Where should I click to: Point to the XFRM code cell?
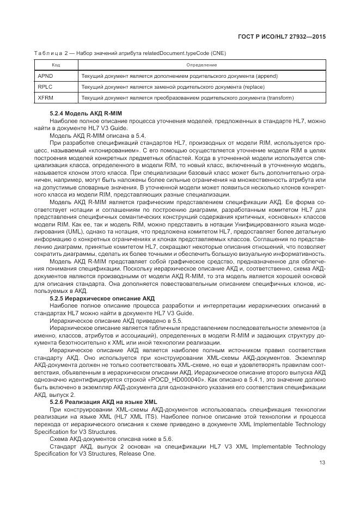[46, 98]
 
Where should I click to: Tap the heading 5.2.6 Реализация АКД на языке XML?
[100, 402]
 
